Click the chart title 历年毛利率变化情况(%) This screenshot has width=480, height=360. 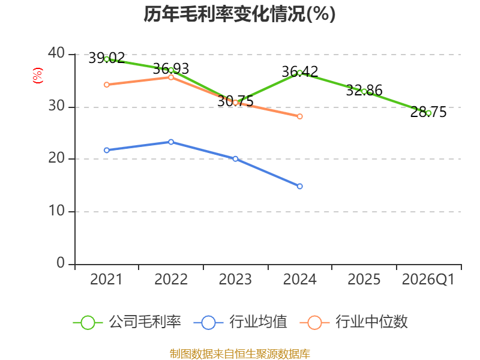click(239, 14)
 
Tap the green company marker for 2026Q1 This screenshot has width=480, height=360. click(428, 113)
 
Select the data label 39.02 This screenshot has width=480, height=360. click(107, 58)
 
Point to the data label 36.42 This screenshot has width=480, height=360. click(300, 71)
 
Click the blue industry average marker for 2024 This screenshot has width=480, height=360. click(299, 186)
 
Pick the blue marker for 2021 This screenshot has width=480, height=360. click(107, 150)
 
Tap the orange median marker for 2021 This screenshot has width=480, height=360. click(107, 85)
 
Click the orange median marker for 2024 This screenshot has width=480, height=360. click(299, 116)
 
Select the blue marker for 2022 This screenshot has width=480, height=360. click(171, 142)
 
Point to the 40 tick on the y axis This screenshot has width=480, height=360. click(56, 53)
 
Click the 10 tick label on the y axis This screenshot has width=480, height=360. click(56, 211)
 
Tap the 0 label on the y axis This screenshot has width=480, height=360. click(61, 263)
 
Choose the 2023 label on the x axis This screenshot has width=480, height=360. click(235, 279)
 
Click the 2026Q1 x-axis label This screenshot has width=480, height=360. click(428, 280)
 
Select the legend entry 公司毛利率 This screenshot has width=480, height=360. click(127, 322)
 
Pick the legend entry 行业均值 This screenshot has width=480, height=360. click(241, 322)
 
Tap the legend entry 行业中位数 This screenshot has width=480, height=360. click(353, 322)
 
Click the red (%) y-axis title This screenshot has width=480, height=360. click(38, 76)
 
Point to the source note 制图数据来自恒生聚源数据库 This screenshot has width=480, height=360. click(240, 353)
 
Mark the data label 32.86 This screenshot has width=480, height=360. click(364, 91)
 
